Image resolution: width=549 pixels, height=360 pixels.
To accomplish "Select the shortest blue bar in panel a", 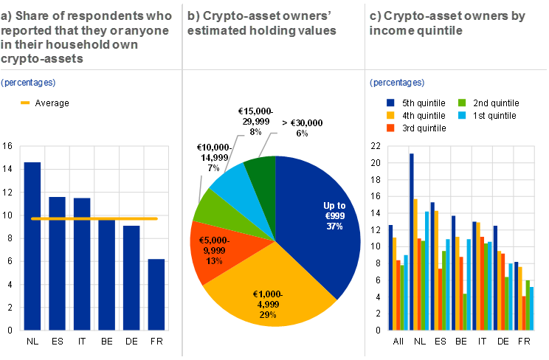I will tap(156, 294).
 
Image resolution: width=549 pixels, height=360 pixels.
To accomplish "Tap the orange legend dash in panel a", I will tap(25, 103).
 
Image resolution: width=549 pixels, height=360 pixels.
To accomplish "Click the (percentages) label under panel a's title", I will tap(28, 83).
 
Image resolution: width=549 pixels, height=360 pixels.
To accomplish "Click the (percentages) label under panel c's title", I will tap(397, 83).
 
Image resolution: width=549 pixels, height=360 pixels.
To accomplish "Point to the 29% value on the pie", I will tap(267, 315).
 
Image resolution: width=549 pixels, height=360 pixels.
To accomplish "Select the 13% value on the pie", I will tap(215, 260).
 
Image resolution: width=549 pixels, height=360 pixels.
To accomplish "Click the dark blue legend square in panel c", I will tap(390, 103).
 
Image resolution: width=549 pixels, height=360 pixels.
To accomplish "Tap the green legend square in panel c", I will tap(462, 103).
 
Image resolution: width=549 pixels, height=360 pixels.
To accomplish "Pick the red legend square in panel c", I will tap(390, 128).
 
